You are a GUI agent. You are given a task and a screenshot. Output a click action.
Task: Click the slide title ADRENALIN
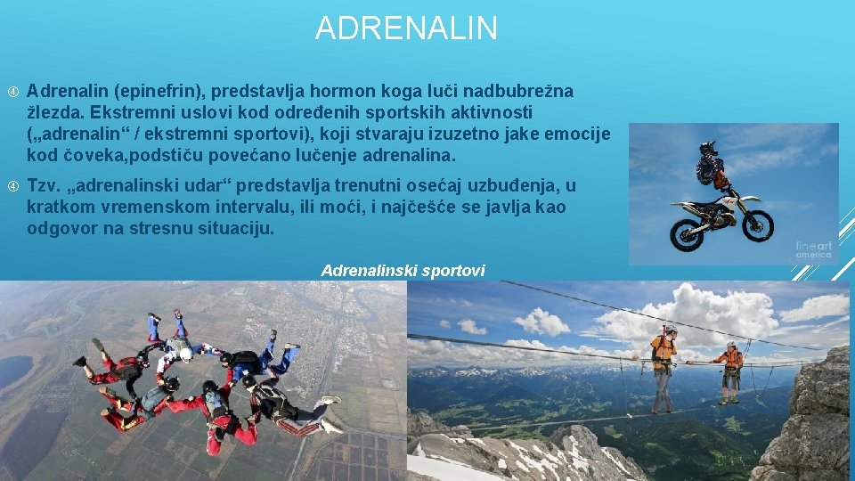point(406,29)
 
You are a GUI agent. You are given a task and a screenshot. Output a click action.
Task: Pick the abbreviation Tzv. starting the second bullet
point(44,186)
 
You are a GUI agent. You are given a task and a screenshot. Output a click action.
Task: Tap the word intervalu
point(267,207)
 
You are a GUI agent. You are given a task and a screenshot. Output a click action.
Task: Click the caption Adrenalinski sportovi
point(403,270)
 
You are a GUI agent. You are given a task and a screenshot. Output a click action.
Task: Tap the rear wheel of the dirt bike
point(688,233)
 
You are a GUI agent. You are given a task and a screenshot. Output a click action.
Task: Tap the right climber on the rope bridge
point(731,370)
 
